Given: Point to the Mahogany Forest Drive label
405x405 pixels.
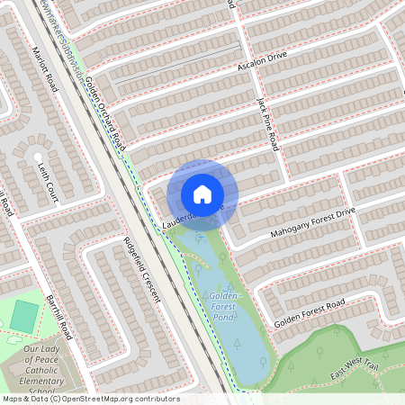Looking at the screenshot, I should click(313, 222).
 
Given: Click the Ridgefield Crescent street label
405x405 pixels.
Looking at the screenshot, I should click(139, 270).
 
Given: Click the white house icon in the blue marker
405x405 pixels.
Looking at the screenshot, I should click(202, 193).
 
